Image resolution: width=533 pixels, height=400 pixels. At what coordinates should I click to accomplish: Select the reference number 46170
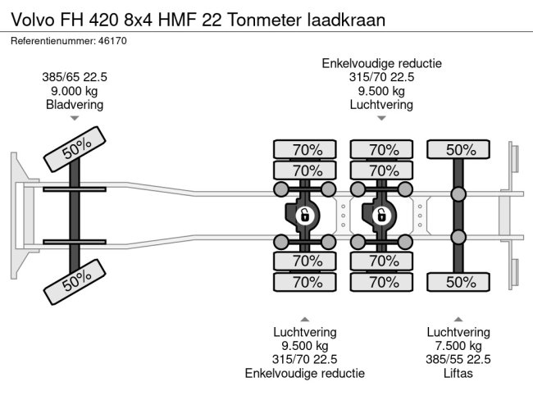tap(112, 40)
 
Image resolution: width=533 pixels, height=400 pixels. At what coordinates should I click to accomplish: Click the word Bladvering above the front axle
tap(75, 104)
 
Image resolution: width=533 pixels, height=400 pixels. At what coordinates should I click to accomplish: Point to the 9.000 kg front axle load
tap(75, 91)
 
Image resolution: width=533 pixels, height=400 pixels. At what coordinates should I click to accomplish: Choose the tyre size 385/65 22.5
tap(75, 77)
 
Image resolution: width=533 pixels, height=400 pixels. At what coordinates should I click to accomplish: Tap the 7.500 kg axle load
tap(458, 346)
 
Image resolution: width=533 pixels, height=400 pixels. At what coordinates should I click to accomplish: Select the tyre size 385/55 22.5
tap(458, 360)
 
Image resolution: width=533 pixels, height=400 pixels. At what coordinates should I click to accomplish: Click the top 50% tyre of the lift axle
tap(461, 149)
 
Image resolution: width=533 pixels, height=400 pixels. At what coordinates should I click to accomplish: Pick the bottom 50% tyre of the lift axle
tap(461, 283)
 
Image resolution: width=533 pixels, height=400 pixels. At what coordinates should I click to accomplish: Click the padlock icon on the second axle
tap(304, 216)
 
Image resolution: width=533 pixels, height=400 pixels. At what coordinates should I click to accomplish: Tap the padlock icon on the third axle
tap(381, 216)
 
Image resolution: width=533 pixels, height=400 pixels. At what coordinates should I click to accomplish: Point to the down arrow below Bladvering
tap(75, 118)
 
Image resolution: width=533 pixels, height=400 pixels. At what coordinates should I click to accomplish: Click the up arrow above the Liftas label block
tap(458, 319)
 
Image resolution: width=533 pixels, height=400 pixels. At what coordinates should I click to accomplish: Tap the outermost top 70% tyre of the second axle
tap(304, 149)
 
